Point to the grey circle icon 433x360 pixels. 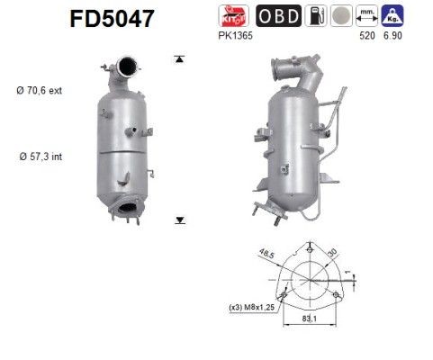tap(339, 15)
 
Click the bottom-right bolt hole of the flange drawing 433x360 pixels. tap(337, 295)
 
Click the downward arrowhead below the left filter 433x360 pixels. tap(180, 219)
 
